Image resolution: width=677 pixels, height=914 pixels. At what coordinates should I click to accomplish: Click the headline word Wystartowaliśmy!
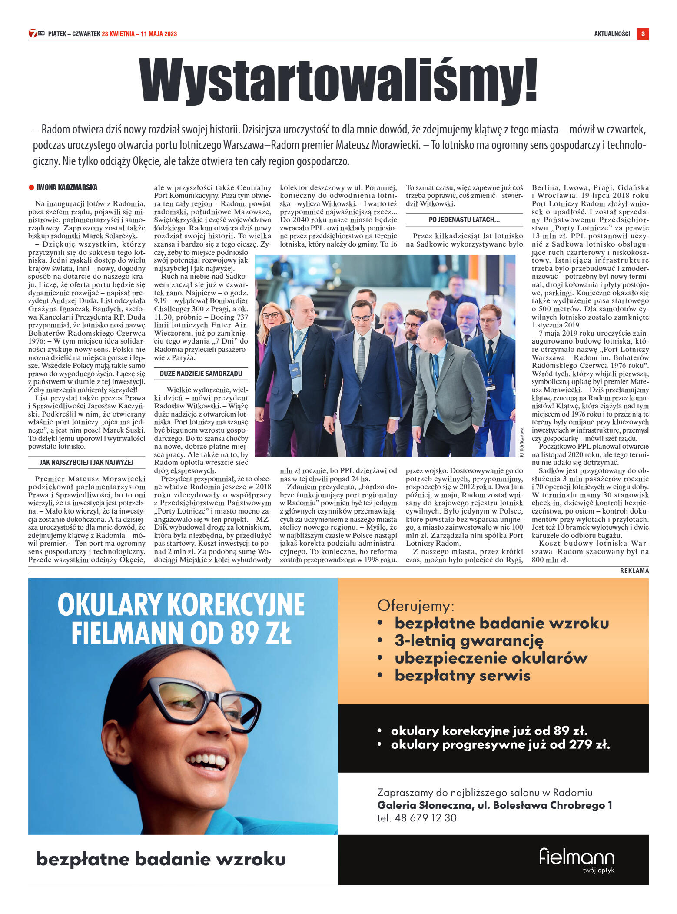(x=338, y=80)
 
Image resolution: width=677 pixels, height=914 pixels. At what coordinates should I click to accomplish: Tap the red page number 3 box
(x=643, y=34)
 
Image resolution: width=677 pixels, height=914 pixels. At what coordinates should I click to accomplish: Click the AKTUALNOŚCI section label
(x=612, y=34)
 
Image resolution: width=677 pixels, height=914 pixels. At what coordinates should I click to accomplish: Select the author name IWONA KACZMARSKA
(x=67, y=187)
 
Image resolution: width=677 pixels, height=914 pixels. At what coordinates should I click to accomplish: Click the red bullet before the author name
(x=31, y=187)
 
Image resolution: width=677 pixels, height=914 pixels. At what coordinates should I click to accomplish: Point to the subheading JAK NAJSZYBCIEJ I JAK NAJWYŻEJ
(x=86, y=462)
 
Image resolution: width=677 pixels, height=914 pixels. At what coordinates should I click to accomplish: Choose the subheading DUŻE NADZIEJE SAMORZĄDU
(x=201, y=374)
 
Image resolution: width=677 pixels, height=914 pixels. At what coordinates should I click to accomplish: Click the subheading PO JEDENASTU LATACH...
(x=464, y=220)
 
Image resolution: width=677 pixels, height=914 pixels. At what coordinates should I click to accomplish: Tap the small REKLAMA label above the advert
(x=634, y=570)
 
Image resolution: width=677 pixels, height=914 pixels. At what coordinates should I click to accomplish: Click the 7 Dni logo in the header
(x=37, y=33)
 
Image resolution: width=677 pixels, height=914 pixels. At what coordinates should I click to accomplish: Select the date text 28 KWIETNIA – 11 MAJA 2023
(x=139, y=34)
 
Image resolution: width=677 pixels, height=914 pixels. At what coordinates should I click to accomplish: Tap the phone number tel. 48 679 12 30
(x=417, y=818)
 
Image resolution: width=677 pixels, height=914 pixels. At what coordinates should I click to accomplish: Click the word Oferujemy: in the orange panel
(x=415, y=605)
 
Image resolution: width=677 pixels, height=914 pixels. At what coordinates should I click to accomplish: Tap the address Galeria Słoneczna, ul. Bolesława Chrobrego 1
(x=494, y=805)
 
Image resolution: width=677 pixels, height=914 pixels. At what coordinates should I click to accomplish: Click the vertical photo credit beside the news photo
(x=521, y=441)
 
